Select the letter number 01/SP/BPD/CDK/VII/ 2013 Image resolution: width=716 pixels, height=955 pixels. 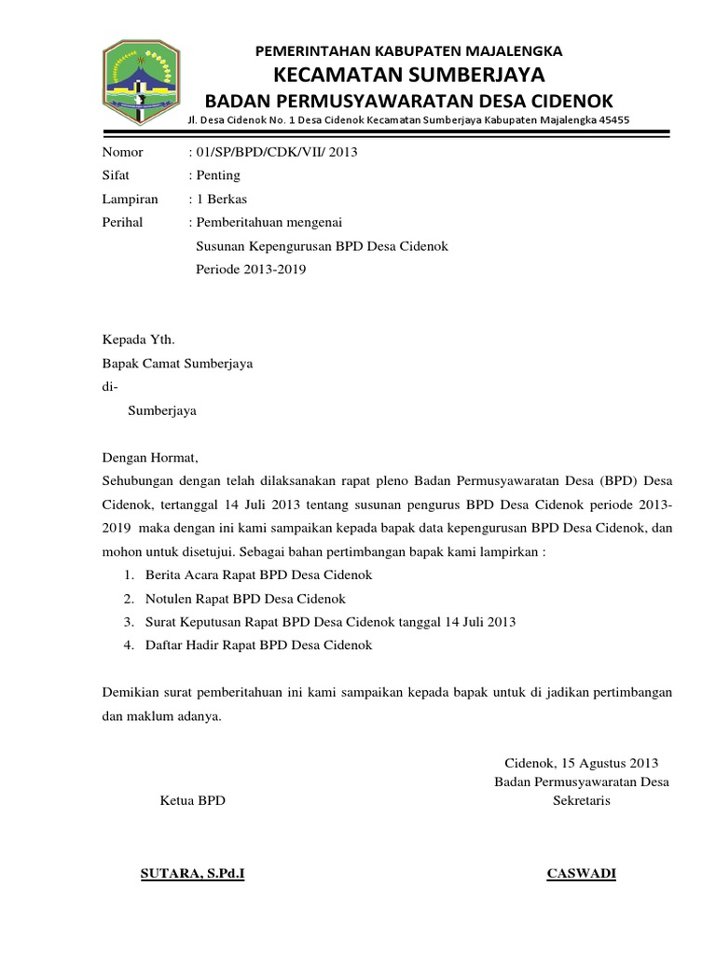pyautogui.click(x=275, y=152)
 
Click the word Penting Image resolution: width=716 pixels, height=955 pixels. pyautogui.click(x=216, y=175)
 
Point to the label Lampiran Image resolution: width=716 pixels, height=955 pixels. pyautogui.click(x=130, y=199)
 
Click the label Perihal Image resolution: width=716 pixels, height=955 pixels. pyautogui.click(x=122, y=222)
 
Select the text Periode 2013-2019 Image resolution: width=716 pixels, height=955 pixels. pyautogui.click(x=251, y=270)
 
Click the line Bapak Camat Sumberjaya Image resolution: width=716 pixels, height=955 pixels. pyautogui.click(x=177, y=364)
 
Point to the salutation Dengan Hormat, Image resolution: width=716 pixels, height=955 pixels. pyautogui.click(x=150, y=458)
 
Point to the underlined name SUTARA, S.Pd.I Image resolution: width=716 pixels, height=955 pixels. pyautogui.click(x=192, y=874)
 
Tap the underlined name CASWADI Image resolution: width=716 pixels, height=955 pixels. pyautogui.click(x=581, y=874)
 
